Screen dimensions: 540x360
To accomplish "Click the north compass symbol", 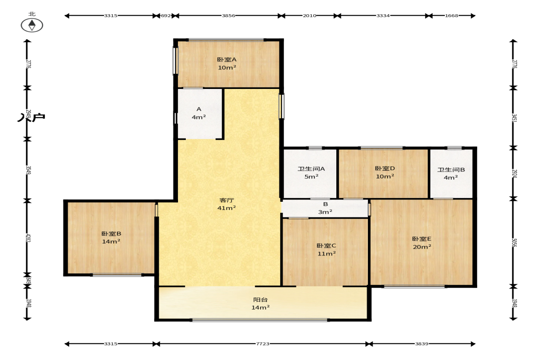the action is click(x=32, y=25).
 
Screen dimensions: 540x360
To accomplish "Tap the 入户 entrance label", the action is click(x=31, y=117).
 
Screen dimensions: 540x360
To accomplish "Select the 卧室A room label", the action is click(x=227, y=60).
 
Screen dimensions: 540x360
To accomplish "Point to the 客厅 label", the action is click(x=227, y=200).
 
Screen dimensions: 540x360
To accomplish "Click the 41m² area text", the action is click(x=227, y=208).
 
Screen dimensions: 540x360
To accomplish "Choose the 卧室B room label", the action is click(x=111, y=234).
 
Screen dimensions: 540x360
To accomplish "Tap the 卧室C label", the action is click(x=326, y=246).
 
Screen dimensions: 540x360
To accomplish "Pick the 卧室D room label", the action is click(x=384, y=168).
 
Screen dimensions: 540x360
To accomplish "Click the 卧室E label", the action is click(x=422, y=239).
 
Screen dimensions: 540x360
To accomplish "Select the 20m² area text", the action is click(x=422, y=247).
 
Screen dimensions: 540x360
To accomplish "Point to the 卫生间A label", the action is click(x=311, y=169).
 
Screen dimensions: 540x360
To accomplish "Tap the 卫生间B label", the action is click(x=451, y=170).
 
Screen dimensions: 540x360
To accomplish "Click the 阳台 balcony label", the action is click(x=260, y=300).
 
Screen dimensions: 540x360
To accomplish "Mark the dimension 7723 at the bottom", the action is click(x=263, y=344).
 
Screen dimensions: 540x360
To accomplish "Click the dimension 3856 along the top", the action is click(x=228, y=16).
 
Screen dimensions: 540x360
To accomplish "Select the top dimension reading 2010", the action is click(x=309, y=16).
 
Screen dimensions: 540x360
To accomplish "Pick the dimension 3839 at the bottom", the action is click(x=422, y=344).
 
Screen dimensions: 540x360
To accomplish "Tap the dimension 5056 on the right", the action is click(x=514, y=243).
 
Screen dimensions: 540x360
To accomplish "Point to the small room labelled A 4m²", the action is click(x=200, y=114).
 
